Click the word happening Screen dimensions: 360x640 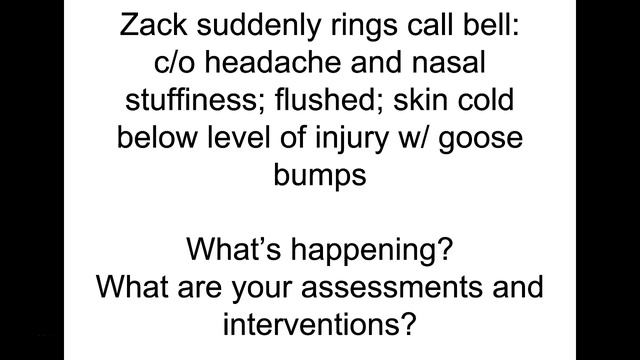pos(364,247)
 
